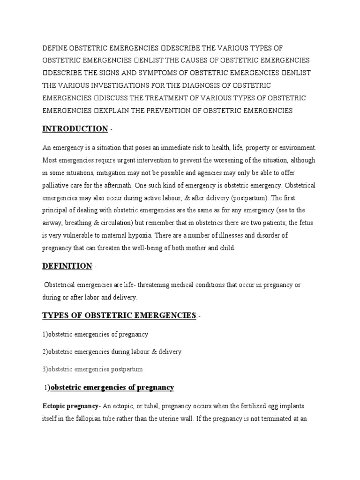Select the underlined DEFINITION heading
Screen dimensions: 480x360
pos(67,266)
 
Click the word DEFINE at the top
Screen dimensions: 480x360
pos(55,49)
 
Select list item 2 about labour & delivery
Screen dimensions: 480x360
pos(112,352)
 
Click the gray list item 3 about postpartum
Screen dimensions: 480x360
pos(92,369)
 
